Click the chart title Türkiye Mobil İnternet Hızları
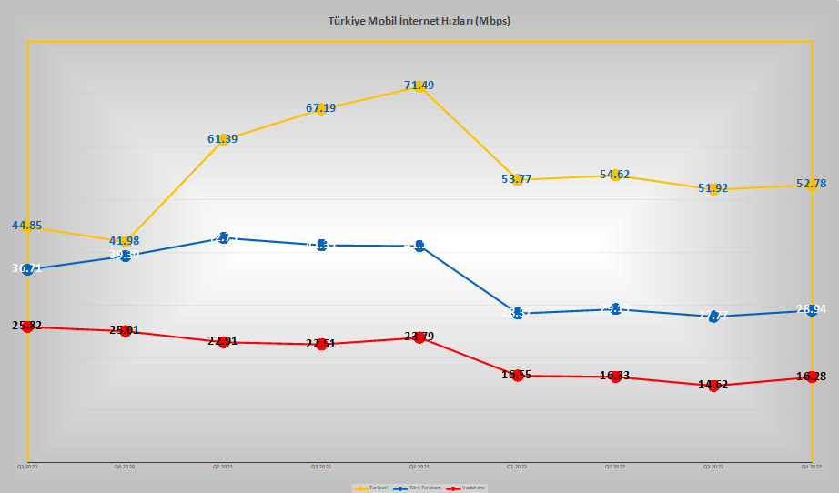(x=419, y=20)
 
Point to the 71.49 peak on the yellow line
(x=419, y=86)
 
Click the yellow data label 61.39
(x=223, y=139)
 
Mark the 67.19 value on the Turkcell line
(x=321, y=108)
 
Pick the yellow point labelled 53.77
(x=517, y=179)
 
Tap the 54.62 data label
(x=615, y=174)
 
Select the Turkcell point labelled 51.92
(x=713, y=188)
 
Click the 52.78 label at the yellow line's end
(x=811, y=184)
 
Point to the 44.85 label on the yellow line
(x=27, y=226)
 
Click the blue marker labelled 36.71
(x=27, y=268)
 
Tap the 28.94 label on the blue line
(x=811, y=309)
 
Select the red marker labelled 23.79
(x=419, y=337)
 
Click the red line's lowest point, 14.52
(x=713, y=385)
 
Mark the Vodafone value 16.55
(x=517, y=375)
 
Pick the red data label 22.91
(x=223, y=342)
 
